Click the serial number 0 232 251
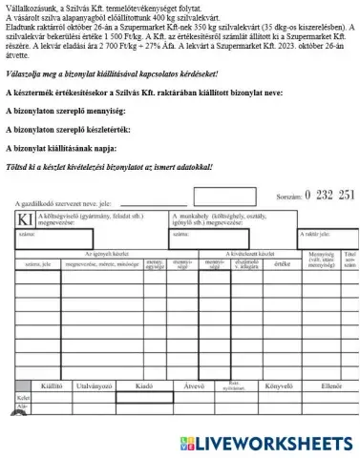pyautogui.click(x=319, y=196)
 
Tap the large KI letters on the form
pyautogui.click(x=25, y=219)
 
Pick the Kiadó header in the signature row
pyautogui.click(x=146, y=387)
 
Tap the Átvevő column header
pyautogui.click(x=195, y=387)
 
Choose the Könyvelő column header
pyautogui.click(x=279, y=387)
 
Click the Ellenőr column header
pyautogui.click(x=331, y=387)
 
